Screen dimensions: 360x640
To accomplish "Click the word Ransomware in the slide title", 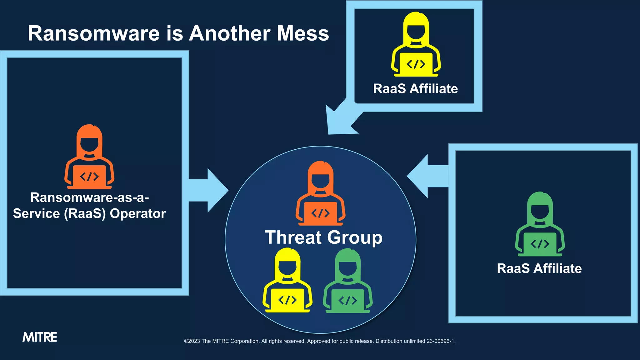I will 94,33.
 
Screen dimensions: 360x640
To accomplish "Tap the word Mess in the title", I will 303,33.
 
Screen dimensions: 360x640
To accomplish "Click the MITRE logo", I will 40,337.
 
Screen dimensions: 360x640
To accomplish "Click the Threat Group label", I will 324,237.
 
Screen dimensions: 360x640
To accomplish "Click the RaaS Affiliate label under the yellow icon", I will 415,89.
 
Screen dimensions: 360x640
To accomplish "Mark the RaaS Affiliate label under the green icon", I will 539,268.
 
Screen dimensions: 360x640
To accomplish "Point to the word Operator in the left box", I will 138,214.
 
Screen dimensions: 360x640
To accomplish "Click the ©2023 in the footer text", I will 192,341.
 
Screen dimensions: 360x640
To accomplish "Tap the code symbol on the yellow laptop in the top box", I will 416,64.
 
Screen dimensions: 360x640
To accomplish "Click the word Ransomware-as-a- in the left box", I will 90,197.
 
